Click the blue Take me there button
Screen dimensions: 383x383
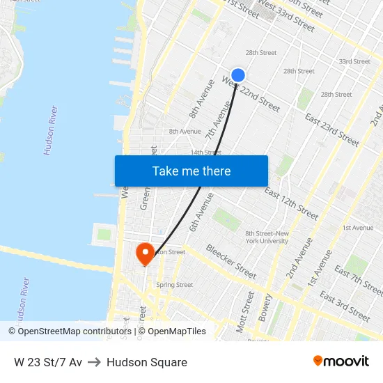pos(191,171)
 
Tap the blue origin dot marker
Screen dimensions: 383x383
pos(238,75)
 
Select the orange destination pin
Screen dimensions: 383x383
pos(145,253)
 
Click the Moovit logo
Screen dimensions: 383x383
pos(341,361)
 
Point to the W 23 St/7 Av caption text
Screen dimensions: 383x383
pos(47,362)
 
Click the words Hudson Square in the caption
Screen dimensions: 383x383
pos(147,362)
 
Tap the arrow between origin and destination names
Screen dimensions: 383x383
pos(94,362)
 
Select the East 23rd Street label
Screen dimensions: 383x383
pos(331,130)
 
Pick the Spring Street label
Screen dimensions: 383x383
pos(174,285)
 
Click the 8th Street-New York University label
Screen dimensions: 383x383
pos(266,237)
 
